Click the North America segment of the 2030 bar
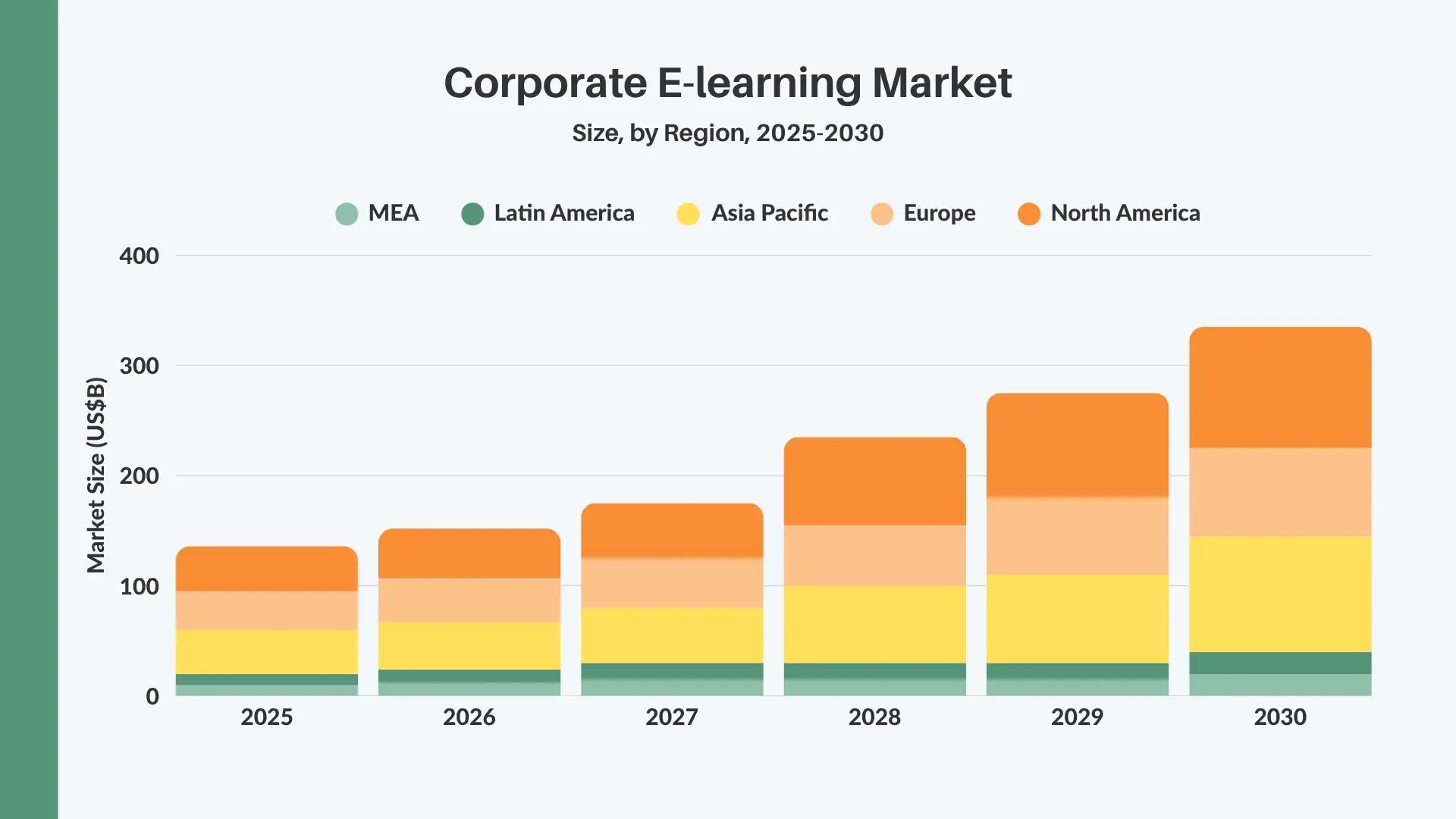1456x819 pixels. (1280, 388)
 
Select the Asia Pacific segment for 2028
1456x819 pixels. (874, 624)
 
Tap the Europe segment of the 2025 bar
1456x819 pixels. (266, 610)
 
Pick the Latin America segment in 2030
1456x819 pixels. (1280, 663)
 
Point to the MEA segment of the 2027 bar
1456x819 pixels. (672, 687)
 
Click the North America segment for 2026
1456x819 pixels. (469, 554)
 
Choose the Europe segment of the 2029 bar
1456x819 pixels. (1077, 535)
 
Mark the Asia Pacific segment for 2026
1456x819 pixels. (469, 645)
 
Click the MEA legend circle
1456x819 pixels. (347, 214)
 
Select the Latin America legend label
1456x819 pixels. (563, 213)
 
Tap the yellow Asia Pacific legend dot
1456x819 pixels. (688, 214)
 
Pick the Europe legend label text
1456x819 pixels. (939, 213)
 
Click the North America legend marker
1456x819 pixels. (1028, 214)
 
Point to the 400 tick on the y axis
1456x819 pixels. (139, 256)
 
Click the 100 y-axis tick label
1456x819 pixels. (139, 586)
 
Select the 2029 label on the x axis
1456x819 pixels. (1077, 717)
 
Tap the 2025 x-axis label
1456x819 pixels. (266, 717)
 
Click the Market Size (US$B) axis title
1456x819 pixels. (96, 475)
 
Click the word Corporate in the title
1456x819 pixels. (544, 83)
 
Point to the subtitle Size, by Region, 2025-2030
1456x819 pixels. (727, 133)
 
